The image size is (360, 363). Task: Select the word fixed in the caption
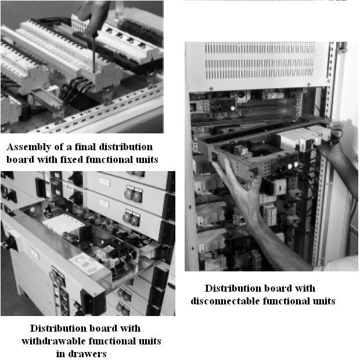click(69, 159)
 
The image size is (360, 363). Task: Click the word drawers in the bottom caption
click(88, 353)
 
